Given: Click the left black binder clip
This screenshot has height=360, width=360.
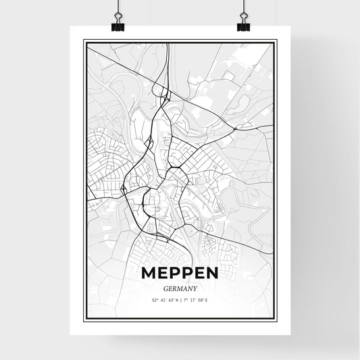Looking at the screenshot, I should point(118,26).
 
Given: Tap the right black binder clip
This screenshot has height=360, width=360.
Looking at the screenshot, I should point(243,26).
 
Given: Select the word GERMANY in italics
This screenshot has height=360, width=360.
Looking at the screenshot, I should point(180,286).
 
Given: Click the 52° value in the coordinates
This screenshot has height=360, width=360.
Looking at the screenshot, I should point(157,300).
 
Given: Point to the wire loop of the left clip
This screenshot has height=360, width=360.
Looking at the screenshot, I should point(118,14).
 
